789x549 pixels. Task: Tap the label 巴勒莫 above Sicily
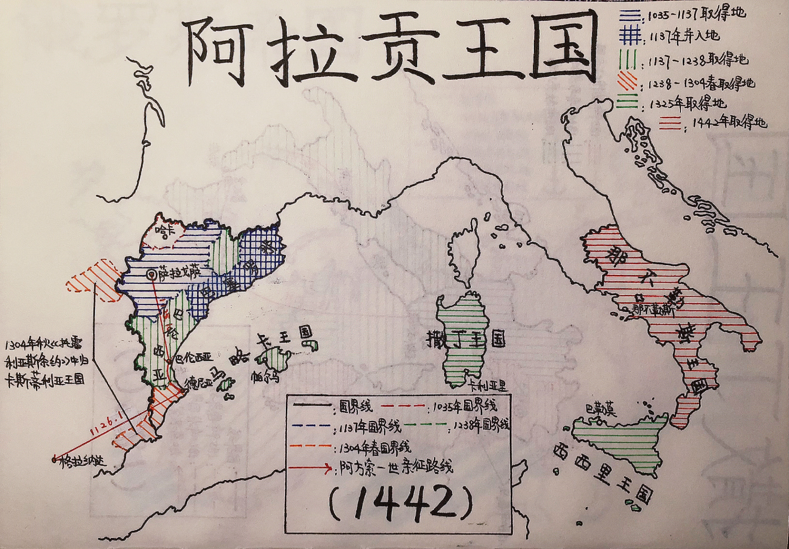tap(600, 410)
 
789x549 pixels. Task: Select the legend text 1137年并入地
tap(684, 36)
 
